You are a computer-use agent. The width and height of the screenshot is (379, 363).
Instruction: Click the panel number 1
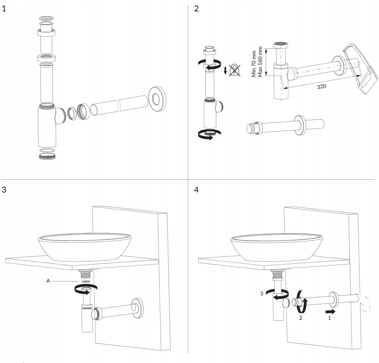(4, 9)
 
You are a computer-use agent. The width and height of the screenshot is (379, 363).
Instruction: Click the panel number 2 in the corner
(196, 9)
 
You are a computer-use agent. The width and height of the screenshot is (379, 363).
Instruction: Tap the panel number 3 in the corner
(4, 190)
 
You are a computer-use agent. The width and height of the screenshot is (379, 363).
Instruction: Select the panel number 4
(196, 190)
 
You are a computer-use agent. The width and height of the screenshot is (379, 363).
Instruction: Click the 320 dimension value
(321, 86)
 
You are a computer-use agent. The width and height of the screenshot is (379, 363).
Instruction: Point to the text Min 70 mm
(254, 64)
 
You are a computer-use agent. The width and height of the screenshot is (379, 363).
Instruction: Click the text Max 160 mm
(260, 62)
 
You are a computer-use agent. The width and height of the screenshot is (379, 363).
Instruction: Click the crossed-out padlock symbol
(234, 70)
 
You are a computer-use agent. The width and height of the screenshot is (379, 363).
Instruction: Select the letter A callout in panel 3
(48, 281)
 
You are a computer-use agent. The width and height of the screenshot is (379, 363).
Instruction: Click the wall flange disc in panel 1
(157, 99)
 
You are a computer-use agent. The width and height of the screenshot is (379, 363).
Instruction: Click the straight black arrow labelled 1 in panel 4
(331, 312)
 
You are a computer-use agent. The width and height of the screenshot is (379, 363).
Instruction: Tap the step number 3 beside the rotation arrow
(262, 293)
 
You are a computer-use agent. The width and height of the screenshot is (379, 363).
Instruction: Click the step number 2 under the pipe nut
(300, 318)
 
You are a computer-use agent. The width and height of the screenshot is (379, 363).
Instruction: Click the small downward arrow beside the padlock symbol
(225, 70)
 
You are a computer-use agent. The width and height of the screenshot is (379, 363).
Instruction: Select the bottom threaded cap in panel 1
(47, 156)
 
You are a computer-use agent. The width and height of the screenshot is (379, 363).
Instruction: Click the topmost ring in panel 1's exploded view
(46, 18)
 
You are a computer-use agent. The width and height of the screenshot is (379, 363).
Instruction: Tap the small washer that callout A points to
(86, 281)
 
